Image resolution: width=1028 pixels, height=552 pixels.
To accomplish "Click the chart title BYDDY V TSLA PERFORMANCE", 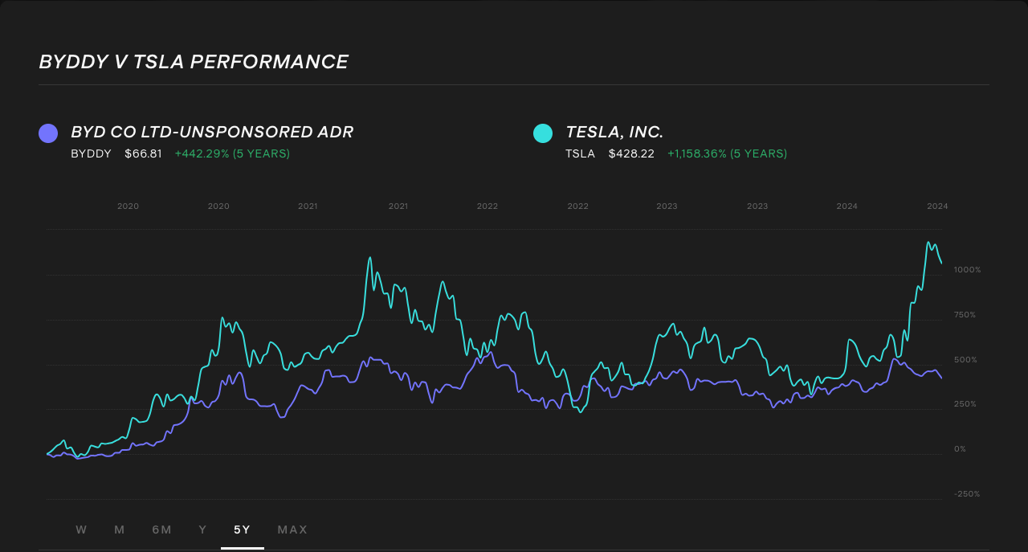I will point(194,62).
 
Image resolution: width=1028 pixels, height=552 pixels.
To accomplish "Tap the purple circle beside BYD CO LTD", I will point(48,133).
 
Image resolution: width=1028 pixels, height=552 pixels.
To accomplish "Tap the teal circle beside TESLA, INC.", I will point(543,133).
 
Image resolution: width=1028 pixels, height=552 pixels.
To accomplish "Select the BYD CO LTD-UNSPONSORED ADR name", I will point(212,132).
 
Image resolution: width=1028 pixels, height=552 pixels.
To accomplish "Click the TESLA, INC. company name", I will point(614,132).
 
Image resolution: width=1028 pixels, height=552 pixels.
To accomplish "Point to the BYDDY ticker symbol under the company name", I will point(91,153).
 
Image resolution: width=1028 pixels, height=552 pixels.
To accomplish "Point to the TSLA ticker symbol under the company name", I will point(580,153).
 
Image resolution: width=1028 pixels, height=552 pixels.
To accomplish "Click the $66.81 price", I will point(143,153).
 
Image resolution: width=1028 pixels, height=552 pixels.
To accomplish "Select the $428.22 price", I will point(631,153).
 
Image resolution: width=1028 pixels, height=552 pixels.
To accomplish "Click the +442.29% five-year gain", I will point(232,153).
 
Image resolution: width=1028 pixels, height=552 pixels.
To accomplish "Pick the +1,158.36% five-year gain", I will point(727,153).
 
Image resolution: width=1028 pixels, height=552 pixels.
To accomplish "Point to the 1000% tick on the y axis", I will point(967,270).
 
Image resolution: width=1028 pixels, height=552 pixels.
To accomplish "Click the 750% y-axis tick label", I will point(965,315).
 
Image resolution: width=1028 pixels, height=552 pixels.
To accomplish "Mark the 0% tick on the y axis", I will point(960,449).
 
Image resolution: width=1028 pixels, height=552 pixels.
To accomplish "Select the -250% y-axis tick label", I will point(967,494).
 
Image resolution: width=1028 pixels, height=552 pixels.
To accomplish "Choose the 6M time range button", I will point(161,530).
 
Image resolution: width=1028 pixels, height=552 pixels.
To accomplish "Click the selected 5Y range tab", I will point(242,530).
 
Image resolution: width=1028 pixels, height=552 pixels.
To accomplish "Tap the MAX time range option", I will point(292,530).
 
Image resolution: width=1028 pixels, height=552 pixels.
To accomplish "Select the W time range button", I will point(81,530).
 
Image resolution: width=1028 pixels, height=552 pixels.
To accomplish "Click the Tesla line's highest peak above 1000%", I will point(928,242).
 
